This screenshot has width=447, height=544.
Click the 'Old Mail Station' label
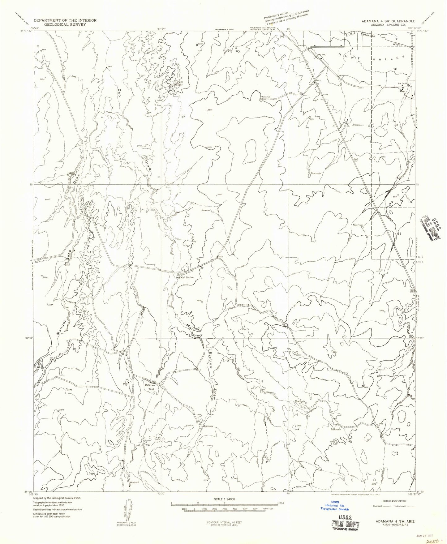[x=185, y=277]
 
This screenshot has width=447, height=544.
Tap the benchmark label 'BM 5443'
[x=322, y=54]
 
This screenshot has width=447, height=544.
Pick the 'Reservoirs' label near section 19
[x=359, y=125]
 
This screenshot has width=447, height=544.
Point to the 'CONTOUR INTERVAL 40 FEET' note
[x=224, y=522]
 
